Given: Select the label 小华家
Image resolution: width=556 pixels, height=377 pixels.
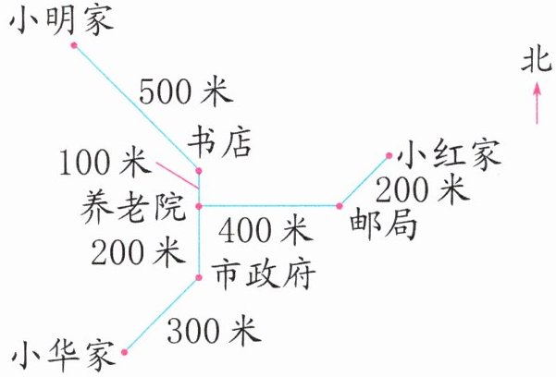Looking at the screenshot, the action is (62, 355).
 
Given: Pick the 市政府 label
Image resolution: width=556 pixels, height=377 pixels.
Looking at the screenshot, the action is (264, 274).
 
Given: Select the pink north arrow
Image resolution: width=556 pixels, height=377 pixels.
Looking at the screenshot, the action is (536, 102).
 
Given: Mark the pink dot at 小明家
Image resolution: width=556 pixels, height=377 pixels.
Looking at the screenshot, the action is (73, 44).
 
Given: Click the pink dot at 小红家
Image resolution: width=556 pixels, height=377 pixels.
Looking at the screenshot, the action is (390, 155).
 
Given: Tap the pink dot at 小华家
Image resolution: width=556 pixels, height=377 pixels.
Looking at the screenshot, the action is (125, 351).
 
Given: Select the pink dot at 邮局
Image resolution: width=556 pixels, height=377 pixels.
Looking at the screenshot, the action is (340, 205).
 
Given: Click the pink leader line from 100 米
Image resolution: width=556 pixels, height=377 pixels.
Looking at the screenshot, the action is (176, 170).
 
